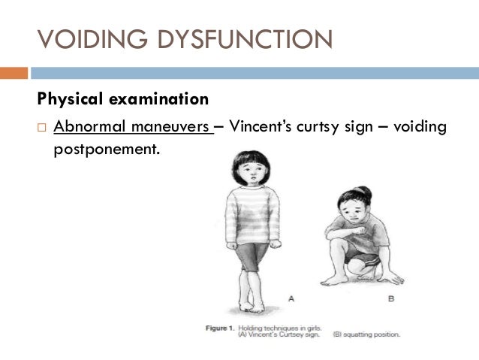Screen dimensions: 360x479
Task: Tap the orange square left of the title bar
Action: click(14, 73)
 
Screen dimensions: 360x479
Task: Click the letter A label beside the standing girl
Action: click(291, 298)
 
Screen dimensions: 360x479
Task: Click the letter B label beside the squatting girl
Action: click(390, 298)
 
